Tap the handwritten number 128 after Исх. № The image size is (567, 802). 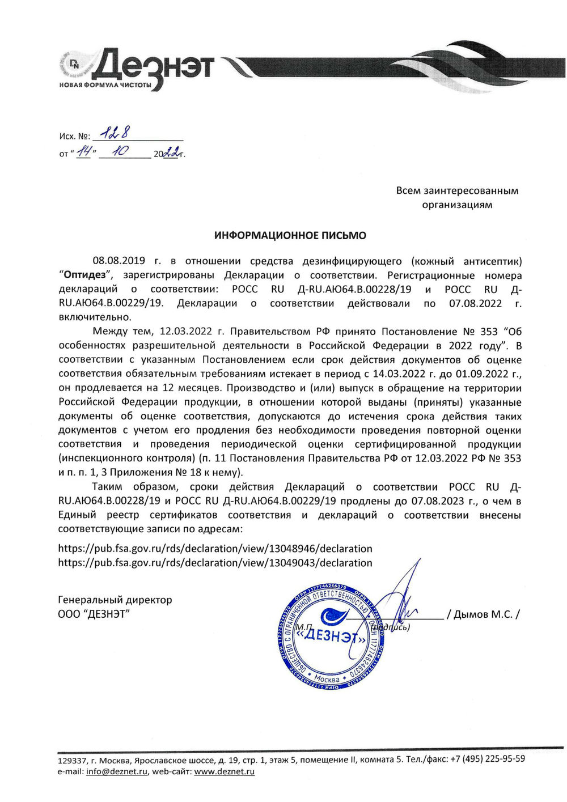point(112,134)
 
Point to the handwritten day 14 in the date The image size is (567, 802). point(84,151)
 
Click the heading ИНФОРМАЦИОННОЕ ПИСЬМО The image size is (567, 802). point(290,235)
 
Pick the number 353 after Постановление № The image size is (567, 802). point(489,332)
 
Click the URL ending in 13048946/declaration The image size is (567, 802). point(215,549)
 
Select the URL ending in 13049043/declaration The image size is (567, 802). point(215,563)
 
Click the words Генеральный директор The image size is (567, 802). point(115,600)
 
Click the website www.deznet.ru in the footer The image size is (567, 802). point(224,771)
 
